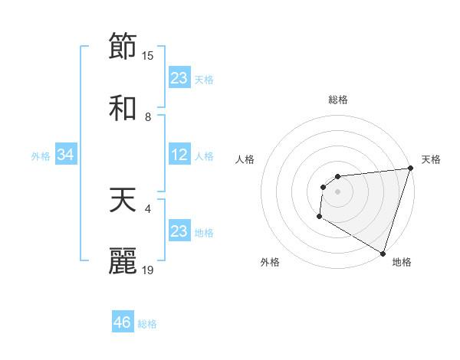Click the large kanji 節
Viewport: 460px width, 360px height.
coord(123,47)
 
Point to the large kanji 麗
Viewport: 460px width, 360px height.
coord(123,261)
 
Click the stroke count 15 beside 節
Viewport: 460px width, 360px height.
coord(148,55)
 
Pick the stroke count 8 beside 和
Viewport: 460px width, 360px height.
coord(148,116)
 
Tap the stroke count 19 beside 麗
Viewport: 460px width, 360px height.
coord(148,270)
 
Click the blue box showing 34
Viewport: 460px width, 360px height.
coord(66,155)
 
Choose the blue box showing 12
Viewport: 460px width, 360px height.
coord(179,155)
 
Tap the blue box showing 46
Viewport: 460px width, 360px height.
coord(123,322)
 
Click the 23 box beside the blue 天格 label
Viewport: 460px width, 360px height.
coord(179,78)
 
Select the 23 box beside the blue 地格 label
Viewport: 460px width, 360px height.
coord(179,231)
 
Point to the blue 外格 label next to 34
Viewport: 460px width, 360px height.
coord(41,156)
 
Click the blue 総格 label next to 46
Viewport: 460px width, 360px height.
coord(147,324)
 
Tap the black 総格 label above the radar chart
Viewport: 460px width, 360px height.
coord(338,100)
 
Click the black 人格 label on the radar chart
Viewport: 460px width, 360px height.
coord(245,159)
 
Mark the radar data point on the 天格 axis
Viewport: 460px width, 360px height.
coord(410,169)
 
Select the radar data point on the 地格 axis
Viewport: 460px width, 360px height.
coord(383,252)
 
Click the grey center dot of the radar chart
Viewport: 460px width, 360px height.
coord(337,191)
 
